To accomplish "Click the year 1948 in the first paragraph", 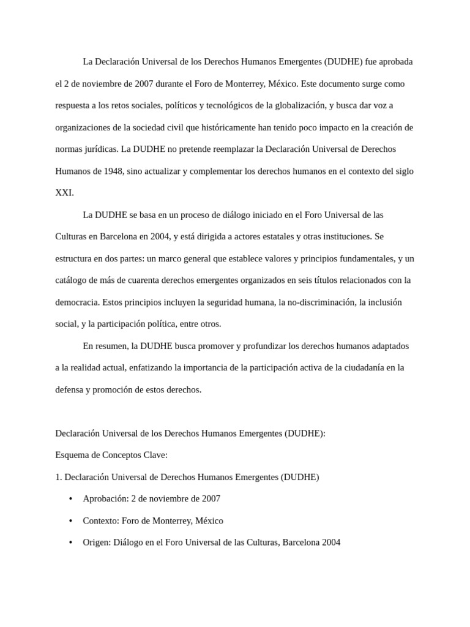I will tap(110, 171).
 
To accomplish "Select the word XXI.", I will tap(64, 193).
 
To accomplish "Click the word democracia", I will tap(77, 302).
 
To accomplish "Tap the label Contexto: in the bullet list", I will tap(101, 520).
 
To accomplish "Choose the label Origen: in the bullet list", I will tap(97, 543).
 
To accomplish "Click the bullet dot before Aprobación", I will tap(71, 499).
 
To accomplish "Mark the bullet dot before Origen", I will tap(71, 543).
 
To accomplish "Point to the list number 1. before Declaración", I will tap(59, 477).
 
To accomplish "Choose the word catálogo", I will tap(73, 280).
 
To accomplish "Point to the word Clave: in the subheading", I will tap(154, 455).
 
